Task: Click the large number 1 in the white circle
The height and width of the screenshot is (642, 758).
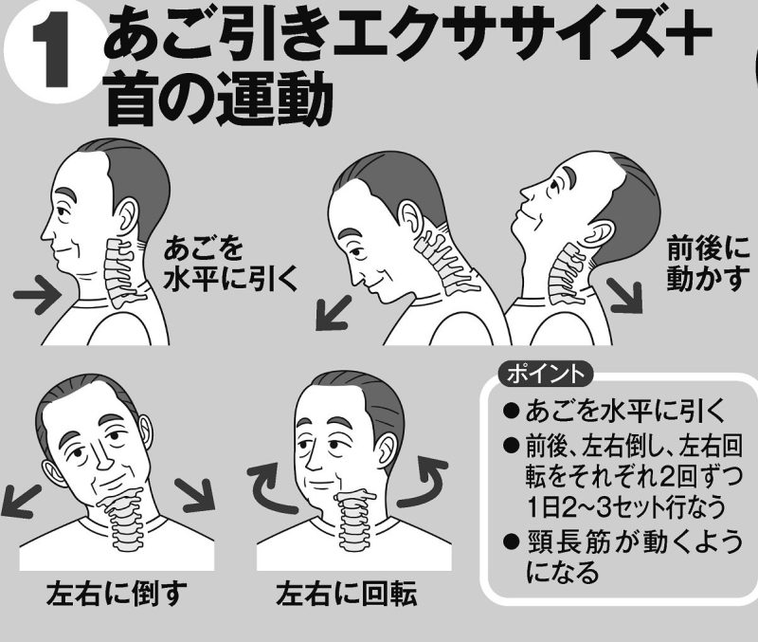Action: point(53,53)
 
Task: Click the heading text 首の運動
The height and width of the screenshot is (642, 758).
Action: point(219,100)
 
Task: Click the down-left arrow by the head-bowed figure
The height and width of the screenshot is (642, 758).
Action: point(334,313)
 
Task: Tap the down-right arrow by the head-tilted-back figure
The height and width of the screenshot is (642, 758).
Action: point(625,296)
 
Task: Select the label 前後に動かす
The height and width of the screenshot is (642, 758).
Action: point(707,264)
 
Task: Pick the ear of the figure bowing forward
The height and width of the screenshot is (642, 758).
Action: point(409,219)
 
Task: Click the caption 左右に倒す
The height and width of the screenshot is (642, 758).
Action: point(116,594)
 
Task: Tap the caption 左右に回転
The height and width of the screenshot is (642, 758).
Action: point(346,594)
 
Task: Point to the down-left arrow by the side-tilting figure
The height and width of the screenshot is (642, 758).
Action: point(20,501)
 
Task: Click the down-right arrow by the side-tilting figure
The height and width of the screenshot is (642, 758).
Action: point(196,495)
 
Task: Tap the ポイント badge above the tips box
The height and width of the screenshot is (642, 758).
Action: point(545,375)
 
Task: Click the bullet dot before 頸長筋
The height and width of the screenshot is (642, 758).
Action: point(511,541)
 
